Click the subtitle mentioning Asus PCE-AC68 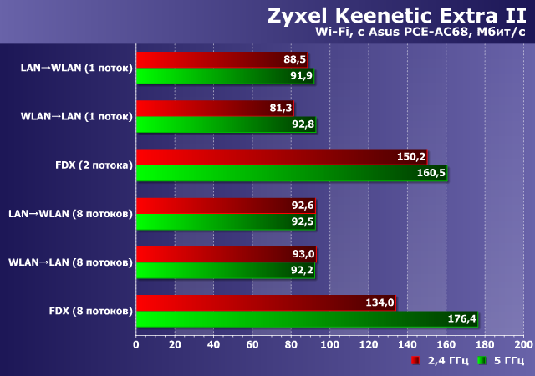pos(420,32)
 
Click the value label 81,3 pos(278,108)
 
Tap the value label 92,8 pos(299,124)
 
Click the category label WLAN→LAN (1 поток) pos(76,116)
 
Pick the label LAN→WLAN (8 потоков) pos(70,214)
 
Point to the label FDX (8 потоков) pos(91,312)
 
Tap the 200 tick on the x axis pos(522,343)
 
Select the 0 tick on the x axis pos(135,343)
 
